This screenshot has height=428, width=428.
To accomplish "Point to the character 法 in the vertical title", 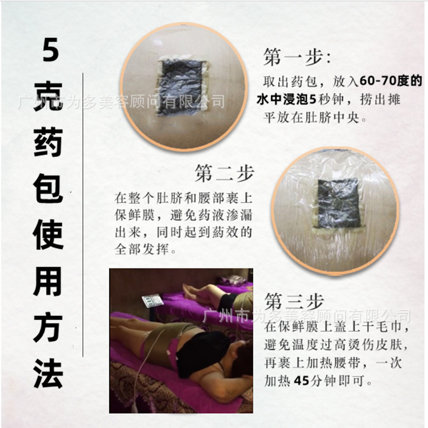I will coord(49,373).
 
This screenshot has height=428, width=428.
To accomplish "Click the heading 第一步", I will coord(297,58).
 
